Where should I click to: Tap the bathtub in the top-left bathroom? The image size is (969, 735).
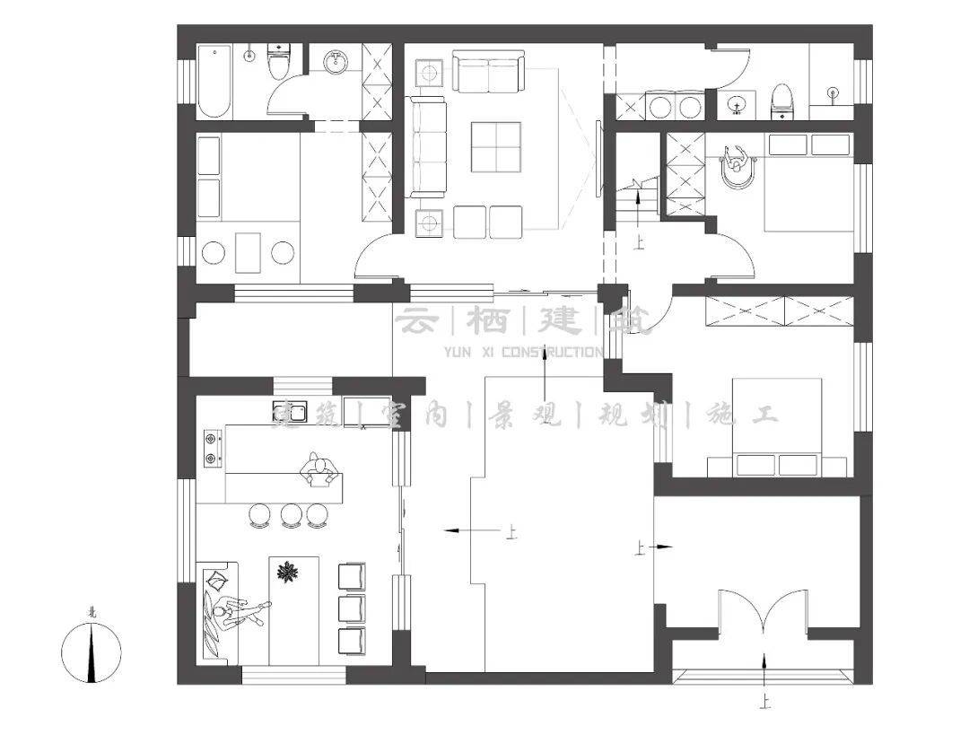pyautogui.click(x=214, y=82)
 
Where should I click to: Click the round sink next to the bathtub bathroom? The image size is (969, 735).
pyautogui.click(x=336, y=62)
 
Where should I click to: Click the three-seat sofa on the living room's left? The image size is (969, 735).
pyautogui.click(x=429, y=147)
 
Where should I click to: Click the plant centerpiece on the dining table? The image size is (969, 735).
pyautogui.click(x=288, y=572)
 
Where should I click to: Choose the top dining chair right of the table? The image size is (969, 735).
pyautogui.click(x=351, y=576)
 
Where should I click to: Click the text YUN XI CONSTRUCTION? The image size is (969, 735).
pyautogui.click(x=523, y=352)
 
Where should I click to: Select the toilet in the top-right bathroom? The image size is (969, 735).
pyautogui.click(x=783, y=101)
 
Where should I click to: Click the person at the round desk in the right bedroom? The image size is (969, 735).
pyautogui.click(x=736, y=163)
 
